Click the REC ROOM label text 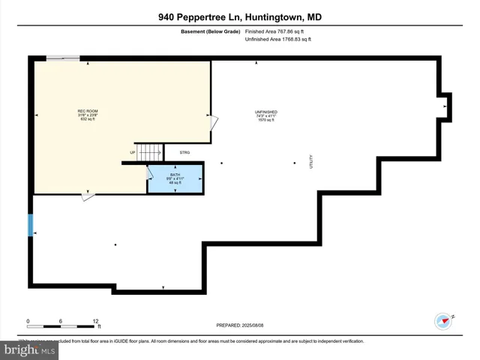click(88, 112)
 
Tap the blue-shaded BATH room click(175, 179)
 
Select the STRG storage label click(184, 152)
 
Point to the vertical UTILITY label click(310, 161)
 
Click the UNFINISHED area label click(265, 112)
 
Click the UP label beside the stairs click(133, 152)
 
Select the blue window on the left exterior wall click(31, 225)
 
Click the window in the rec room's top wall click(63, 58)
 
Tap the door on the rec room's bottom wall click(88, 196)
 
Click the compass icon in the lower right click(443, 321)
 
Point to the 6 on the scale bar click(61, 321)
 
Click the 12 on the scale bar click(96, 321)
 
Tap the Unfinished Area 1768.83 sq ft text click(277, 39)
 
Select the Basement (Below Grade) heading click(209, 31)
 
